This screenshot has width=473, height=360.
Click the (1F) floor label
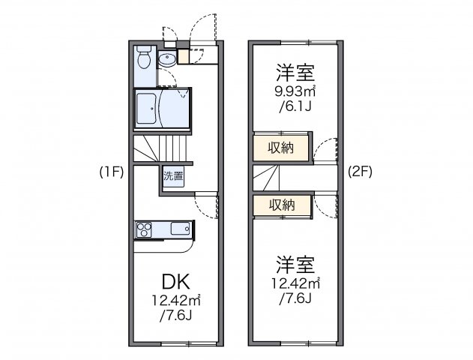pos(110,170)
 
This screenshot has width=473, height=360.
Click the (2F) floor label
pos(360,170)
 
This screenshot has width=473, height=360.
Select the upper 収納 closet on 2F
pos(282,148)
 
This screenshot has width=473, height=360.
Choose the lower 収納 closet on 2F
pos(282,204)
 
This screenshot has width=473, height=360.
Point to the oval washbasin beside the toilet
pos(168,61)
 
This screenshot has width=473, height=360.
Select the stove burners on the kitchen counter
pos(145,229)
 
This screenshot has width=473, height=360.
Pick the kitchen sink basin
pos(181,229)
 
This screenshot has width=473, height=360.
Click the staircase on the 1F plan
pos(163,148)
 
